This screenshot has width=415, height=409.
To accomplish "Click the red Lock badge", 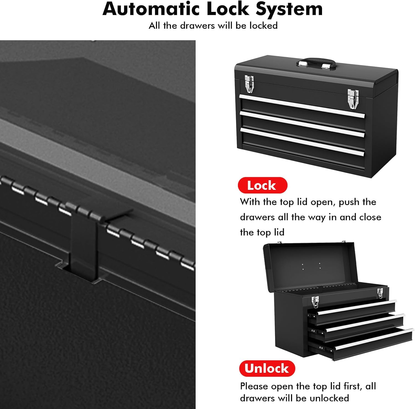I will click(262, 185).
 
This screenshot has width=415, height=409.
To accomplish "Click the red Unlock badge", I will click(267, 368).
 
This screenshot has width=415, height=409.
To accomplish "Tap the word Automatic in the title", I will click(151, 9).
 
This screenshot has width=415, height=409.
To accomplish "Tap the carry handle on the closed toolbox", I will click(316, 62).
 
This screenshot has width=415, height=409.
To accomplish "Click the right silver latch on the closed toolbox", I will click(353, 98).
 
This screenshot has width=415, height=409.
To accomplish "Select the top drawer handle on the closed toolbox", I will click(302, 106).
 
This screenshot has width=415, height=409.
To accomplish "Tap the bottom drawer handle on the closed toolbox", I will click(302, 141).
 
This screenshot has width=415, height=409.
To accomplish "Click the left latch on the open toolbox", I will click(315, 302).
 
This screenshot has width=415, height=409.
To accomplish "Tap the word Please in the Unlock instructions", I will click(254, 386).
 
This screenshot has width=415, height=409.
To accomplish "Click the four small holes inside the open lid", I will click(311, 266).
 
